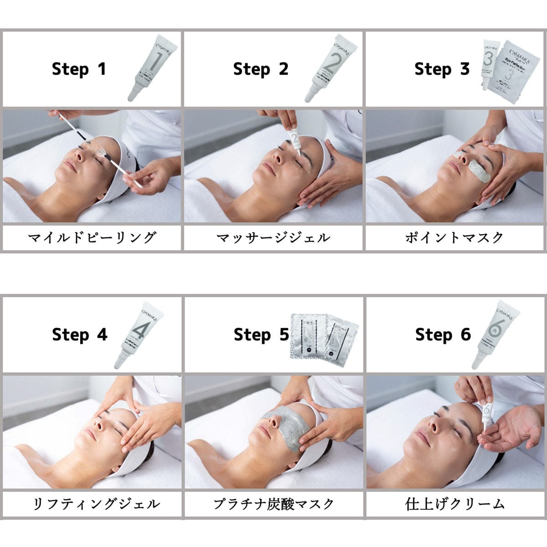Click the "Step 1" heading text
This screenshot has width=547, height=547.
(x=79, y=69)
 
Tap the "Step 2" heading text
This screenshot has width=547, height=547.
(x=260, y=69)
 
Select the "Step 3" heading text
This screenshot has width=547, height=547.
(x=442, y=69)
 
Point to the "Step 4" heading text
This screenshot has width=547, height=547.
(x=79, y=335)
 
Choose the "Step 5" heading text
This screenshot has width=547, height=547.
(x=261, y=335)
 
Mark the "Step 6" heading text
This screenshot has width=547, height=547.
(x=443, y=335)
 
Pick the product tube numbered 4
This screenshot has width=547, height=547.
(x=139, y=334)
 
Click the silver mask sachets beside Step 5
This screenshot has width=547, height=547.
(x=324, y=335)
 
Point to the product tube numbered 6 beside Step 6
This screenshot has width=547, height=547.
(x=494, y=334)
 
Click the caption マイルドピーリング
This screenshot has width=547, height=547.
(x=92, y=237)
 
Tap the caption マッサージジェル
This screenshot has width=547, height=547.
(x=273, y=237)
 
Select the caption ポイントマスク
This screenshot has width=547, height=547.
(x=454, y=237)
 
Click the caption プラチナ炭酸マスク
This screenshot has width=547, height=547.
(x=274, y=504)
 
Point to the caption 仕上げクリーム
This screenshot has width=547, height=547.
(x=455, y=504)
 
